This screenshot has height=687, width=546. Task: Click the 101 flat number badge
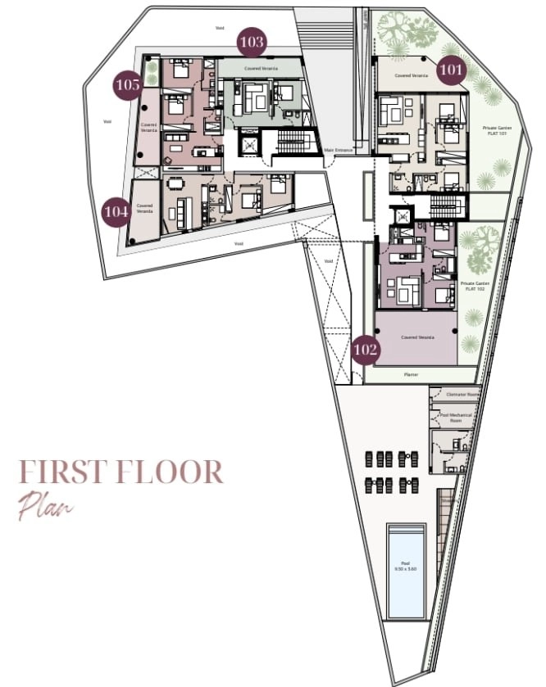[x=450, y=70]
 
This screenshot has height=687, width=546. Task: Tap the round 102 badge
[x=366, y=350]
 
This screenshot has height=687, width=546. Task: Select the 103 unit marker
[x=253, y=41]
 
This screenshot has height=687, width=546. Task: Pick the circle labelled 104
[x=116, y=212]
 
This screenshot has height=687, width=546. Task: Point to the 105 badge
[x=128, y=84]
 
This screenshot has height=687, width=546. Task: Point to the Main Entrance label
[x=338, y=151]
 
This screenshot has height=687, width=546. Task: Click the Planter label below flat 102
[x=411, y=374]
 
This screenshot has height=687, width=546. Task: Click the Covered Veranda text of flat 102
[x=416, y=337]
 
